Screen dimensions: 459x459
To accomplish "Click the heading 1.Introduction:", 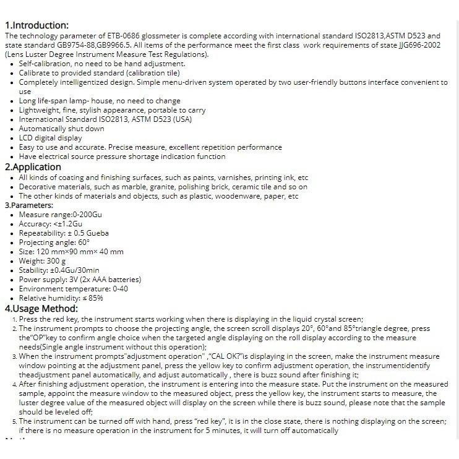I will point(36,25).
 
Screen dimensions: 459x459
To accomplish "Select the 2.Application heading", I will point(33,166).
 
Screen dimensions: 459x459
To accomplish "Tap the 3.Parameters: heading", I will point(29,205).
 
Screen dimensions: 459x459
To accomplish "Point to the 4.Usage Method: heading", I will point(41,308).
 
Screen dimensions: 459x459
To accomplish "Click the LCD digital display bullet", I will point(50,138).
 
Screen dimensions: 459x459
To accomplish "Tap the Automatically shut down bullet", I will point(62,129).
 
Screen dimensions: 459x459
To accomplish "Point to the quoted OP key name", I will point(41,338).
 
